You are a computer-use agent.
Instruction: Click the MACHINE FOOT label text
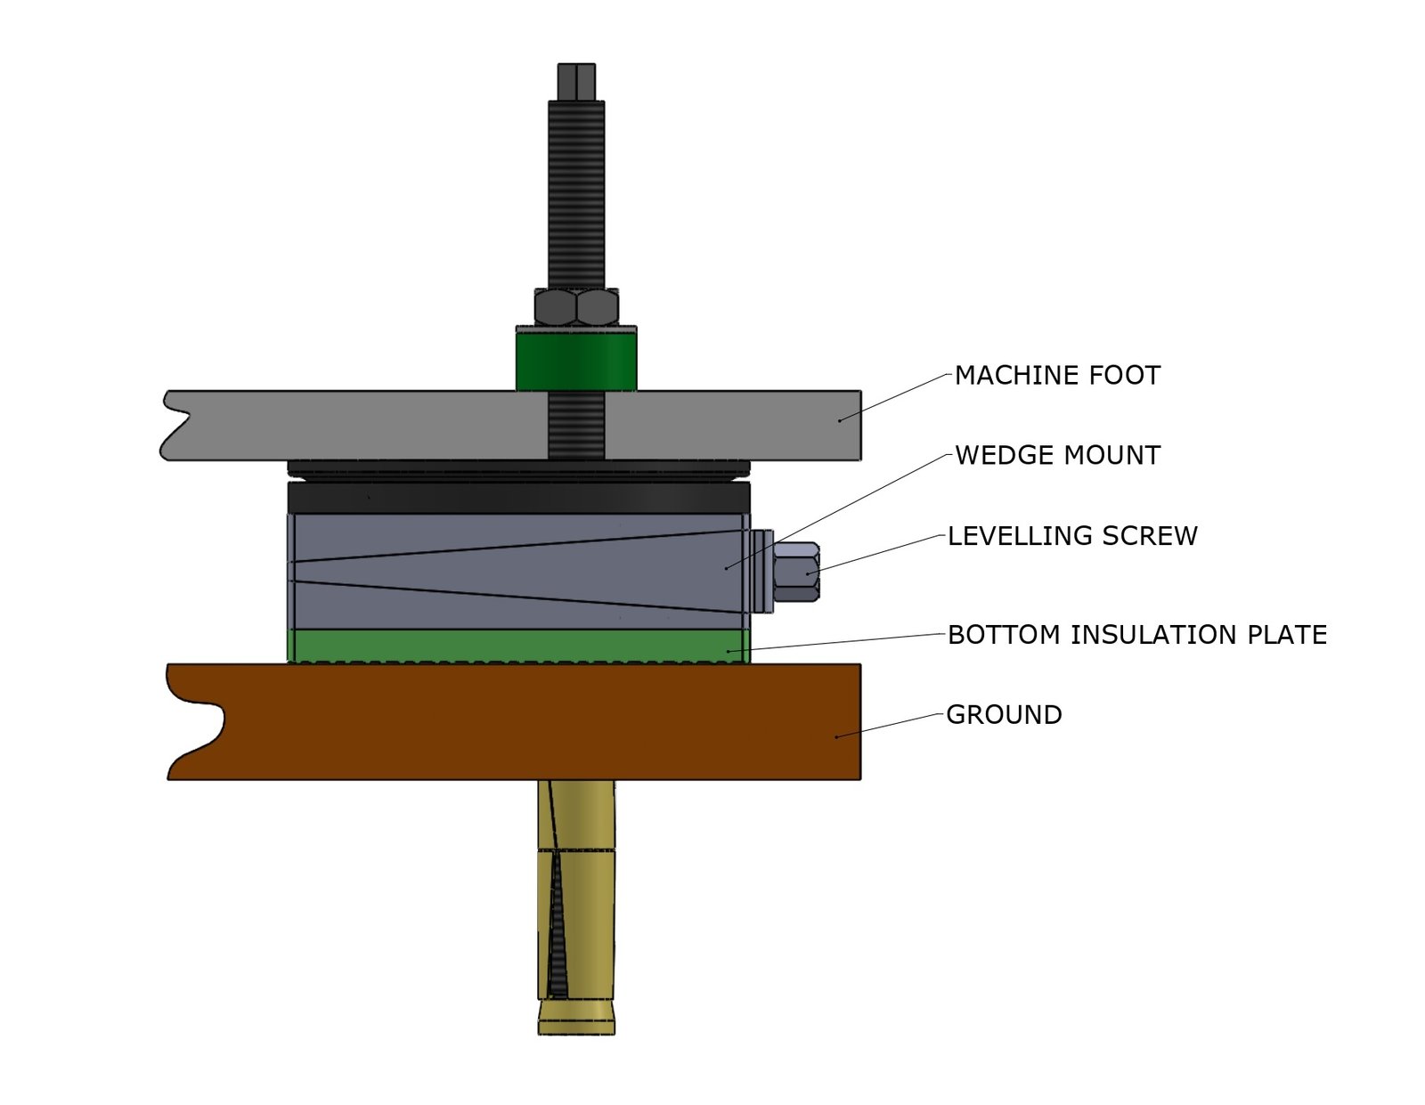[1057, 376]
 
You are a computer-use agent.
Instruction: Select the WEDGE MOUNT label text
[1057, 456]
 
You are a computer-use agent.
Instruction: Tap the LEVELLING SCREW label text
[1072, 536]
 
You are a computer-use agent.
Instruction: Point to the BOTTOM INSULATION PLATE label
[1136, 635]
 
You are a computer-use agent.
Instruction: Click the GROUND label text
[1004, 715]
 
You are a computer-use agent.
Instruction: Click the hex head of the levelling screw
[795, 573]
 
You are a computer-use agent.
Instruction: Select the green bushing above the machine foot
[576, 359]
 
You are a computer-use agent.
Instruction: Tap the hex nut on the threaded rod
[576, 307]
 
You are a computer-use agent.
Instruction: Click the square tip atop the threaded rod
[576, 81]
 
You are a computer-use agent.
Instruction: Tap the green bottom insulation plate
[517, 645]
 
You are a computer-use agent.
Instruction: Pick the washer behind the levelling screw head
[761, 572]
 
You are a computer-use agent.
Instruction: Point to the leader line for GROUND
[891, 725]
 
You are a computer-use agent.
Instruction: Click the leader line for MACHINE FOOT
[895, 396]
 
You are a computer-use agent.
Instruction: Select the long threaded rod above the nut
[576, 191]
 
